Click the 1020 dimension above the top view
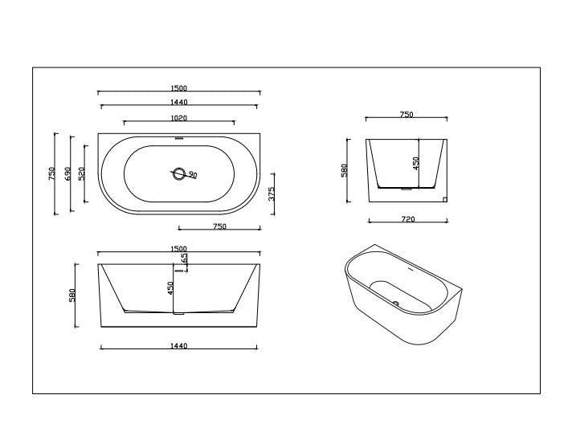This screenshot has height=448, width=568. pos(178,117)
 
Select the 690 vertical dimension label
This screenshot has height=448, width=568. pos(68,173)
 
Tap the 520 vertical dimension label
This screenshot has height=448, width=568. pos(82,173)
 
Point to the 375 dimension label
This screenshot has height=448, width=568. pos(272,193)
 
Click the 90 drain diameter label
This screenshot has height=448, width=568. pos(193,174)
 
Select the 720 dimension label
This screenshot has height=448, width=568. pos(407,218)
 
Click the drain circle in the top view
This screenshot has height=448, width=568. pos(178,173)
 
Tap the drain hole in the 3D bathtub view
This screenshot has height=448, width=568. pos(394,303)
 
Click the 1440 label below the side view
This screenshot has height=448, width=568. pos(178,346)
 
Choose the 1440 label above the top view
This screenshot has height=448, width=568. pos(178,104)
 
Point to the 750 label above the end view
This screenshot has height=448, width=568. pos(406,115)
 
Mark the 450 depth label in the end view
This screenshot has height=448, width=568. pos(416,163)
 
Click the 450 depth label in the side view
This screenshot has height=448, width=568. pos(170,287)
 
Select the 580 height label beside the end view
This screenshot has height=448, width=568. pos(344,170)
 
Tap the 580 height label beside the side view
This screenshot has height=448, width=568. pos(72,295)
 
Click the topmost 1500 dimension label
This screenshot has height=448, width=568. pos(178,89)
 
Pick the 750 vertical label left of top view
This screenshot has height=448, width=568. pos(52,173)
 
